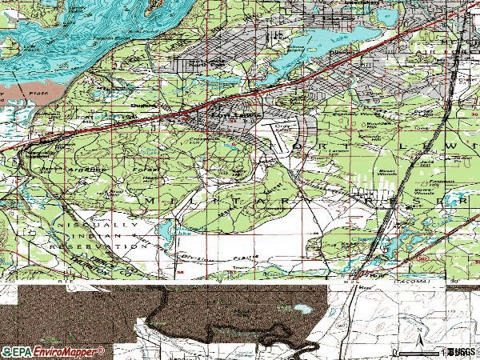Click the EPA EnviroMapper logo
pos(52,352)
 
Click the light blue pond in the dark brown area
pos(302,308)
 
